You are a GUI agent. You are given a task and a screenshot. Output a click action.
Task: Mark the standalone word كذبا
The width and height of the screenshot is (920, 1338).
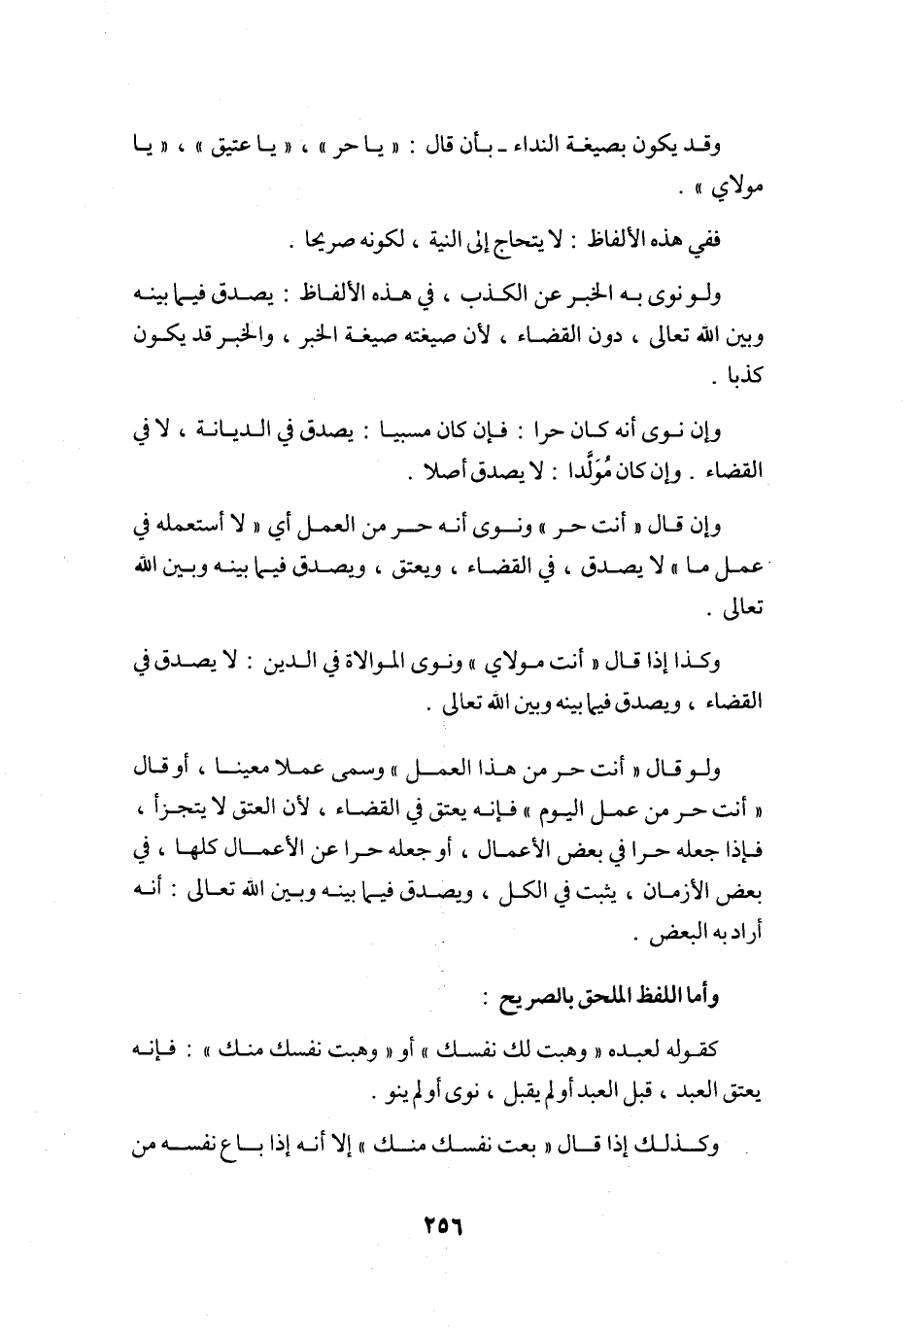tap(742, 379)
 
